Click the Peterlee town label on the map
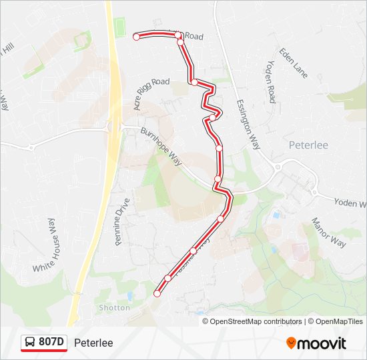pyautogui.click(x=308, y=145)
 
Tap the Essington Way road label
pyautogui.click(x=247, y=125)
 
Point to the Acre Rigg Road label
pyautogui.click(x=151, y=93)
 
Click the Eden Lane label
pyautogui.click(x=294, y=63)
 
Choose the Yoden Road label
pyautogui.click(x=270, y=81)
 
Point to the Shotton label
pyautogui.click(x=114, y=307)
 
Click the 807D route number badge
pyautogui.click(x=51, y=343)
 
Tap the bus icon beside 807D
pyautogui.click(x=31, y=343)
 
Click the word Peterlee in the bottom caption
pyautogui.click(x=93, y=343)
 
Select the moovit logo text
pyautogui.click(x=322, y=343)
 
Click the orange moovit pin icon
pyautogui.click(x=292, y=343)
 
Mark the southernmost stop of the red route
pyautogui.click(x=157, y=293)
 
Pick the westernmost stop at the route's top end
pyautogui.click(x=136, y=37)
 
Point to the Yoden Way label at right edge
pyautogui.click(x=350, y=203)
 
